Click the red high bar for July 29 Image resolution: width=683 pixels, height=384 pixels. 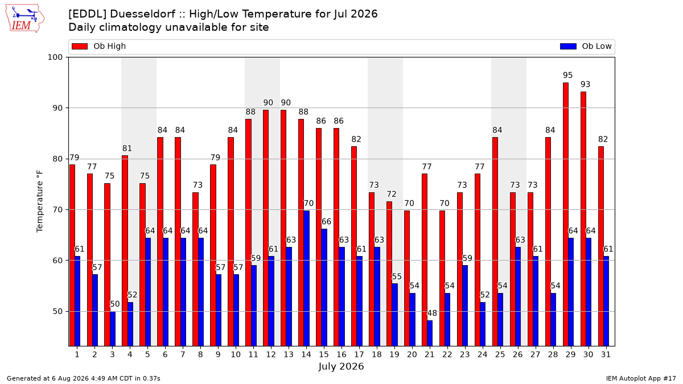click(x=566, y=214)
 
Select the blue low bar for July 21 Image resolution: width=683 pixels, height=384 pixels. click(x=430, y=333)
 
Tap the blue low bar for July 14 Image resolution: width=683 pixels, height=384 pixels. click(x=306, y=278)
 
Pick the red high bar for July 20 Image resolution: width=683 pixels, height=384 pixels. click(x=407, y=278)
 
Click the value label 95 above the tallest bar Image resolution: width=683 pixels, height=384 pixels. click(x=568, y=75)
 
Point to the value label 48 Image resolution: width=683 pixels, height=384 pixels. click(x=432, y=313)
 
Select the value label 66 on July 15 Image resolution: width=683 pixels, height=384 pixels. click(x=326, y=221)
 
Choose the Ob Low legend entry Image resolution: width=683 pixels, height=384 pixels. click(x=586, y=46)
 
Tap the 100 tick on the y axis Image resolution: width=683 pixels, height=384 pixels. click(x=55, y=57)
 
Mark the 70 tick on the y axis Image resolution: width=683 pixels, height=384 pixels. click(x=57, y=210)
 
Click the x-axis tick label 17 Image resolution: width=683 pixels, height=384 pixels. click(x=359, y=354)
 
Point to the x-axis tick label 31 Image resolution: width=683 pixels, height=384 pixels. click(x=606, y=354)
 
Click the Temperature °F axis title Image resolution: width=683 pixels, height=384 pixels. click(x=40, y=201)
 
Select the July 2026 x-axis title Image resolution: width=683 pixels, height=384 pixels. click(x=341, y=366)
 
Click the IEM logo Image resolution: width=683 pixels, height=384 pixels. click(x=24, y=19)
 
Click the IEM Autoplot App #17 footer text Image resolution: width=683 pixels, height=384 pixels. click(x=641, y=378)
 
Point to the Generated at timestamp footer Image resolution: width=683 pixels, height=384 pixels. click(x=83, y=378)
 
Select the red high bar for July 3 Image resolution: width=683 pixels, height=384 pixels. click(x=108, y=265)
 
